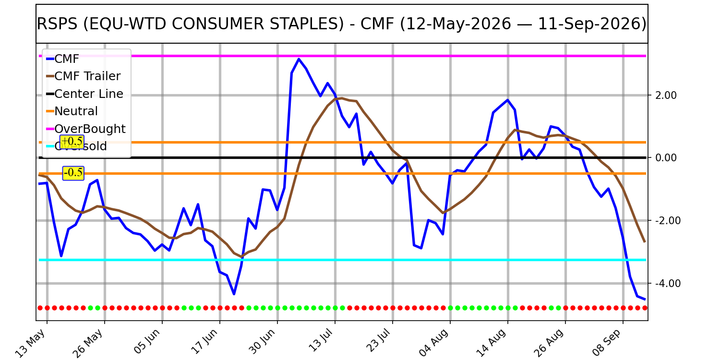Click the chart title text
tap(341, 24)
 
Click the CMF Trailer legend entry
tap(83, 76)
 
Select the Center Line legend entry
tap(84, 94)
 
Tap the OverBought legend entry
tap(86, 129)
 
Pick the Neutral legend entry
tap(72, 111)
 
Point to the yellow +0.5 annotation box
tap(72, 142)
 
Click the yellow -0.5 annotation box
tap(73, 173)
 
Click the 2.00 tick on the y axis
tap(666, 96)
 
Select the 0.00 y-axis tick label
tap(666, 158)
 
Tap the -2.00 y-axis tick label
tap(664, 221)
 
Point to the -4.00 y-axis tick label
tap(664, 284)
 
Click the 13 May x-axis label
tap(30, 343)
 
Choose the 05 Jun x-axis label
tap(146, 342)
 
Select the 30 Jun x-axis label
tap(262, 342)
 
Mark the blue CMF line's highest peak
tap(299, 59)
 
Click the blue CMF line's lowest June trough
tap(234, 294)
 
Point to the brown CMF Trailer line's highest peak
tap(342, 98)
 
